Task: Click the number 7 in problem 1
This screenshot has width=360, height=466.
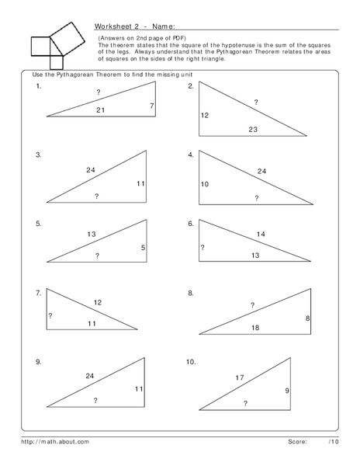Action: point(152,106)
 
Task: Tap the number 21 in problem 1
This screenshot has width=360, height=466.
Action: point(100,110)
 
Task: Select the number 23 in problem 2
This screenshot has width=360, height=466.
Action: point(253,129)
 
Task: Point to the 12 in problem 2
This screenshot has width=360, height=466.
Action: point(205,116)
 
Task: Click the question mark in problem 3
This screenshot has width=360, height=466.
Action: point(96,196)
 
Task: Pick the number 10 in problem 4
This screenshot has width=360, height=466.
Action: point(205,184)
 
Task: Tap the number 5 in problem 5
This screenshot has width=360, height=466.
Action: point(143,249)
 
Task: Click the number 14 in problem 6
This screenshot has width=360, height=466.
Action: point(261,234)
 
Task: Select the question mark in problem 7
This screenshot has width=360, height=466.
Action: point(50,315)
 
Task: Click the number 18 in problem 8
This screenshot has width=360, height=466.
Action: point(254,328)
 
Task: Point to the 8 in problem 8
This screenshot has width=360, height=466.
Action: point(307,318)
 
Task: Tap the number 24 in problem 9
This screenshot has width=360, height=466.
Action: point(90,376)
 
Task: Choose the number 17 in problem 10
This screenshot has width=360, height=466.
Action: point(240,377)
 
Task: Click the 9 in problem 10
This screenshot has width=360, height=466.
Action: point(287,390)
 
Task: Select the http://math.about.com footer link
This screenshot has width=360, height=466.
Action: point(55,440)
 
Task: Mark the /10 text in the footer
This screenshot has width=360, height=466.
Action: point(333,440)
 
